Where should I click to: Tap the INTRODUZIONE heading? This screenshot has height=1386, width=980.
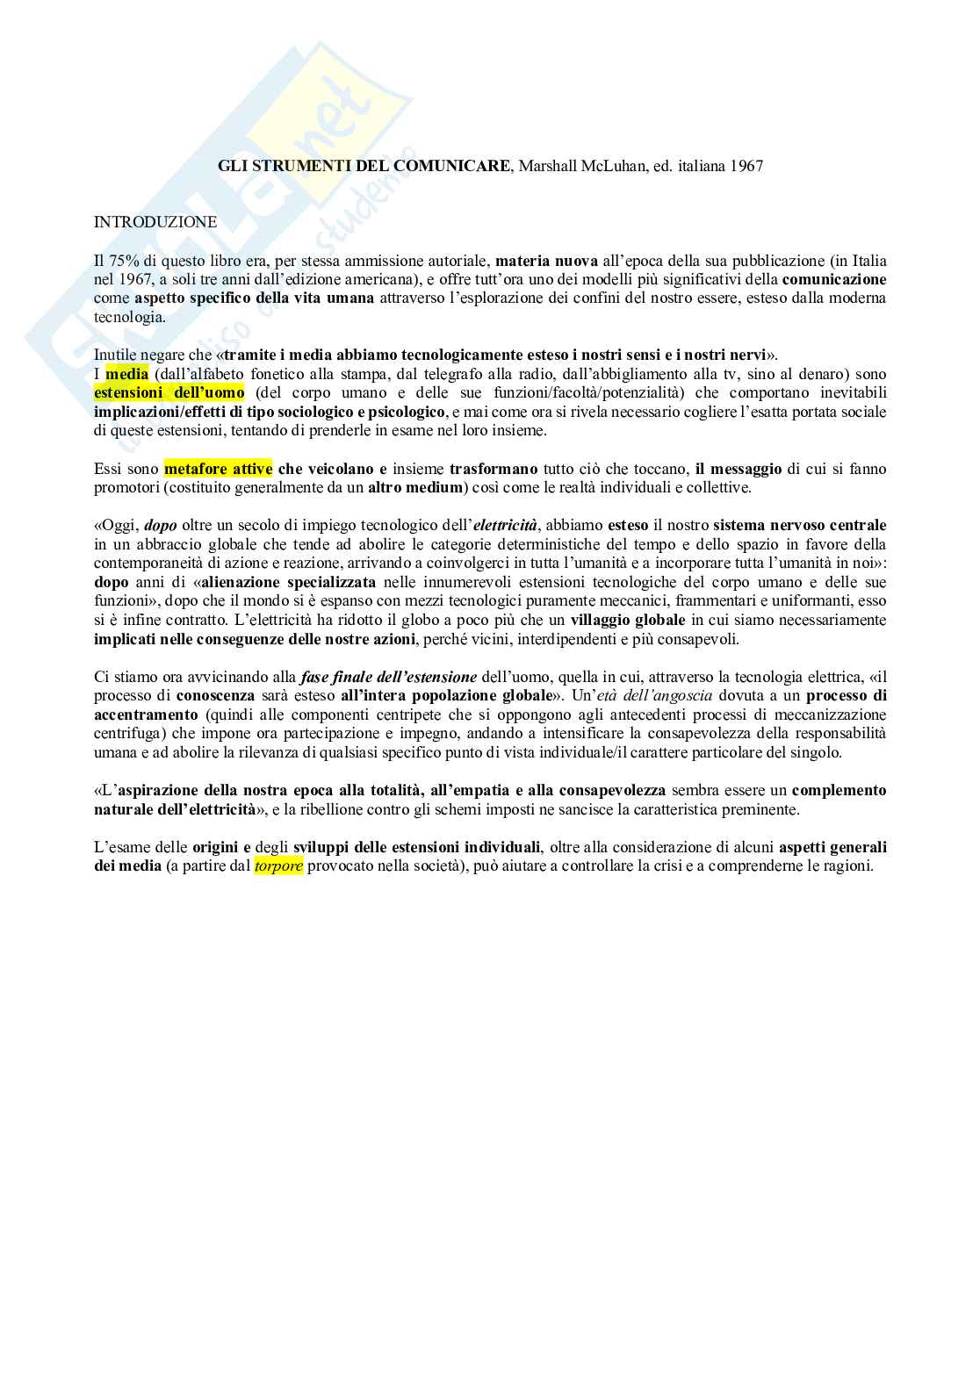[155, 222]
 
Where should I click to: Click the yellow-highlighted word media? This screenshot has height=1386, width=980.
[126, 374]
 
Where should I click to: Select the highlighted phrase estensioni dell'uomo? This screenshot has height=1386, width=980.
[169, 392]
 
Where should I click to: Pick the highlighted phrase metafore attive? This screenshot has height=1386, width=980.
[218, 469]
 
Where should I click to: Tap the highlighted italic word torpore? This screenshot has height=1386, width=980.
[278, 865]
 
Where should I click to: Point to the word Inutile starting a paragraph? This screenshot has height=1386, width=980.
[115, 355]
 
